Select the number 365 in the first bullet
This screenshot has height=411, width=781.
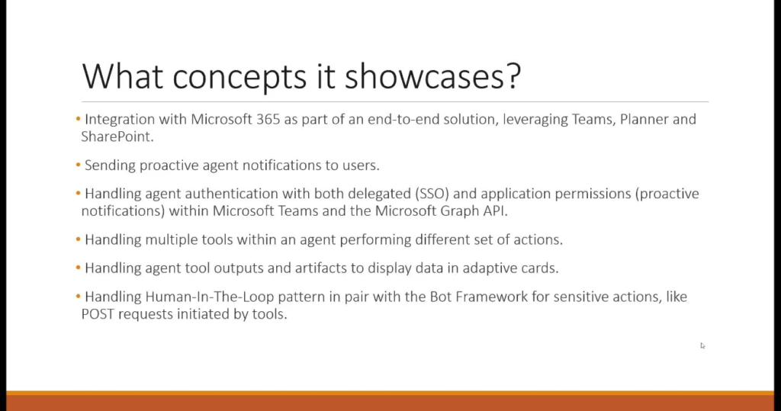pyautogui.click(x=268, y=120)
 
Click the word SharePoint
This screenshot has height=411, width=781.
pyautogui.click(x=117, y=136)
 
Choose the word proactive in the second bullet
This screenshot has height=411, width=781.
pyautogui.click(x=169, y=166)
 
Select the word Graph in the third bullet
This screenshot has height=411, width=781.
pyautogui.click(x=458, y=212)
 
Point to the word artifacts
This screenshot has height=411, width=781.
pyautogui.click(x=320, y=268)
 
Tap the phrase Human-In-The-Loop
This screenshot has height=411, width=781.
pyautogui.click(x=210, y=297)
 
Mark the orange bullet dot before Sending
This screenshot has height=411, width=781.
pyautogui.click(x=79, y=165)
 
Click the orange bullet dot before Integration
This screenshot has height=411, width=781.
pyautogui.click(x=79, y=119)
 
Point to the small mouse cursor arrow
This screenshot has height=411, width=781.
pyautogui.click(x=702, y=345)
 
